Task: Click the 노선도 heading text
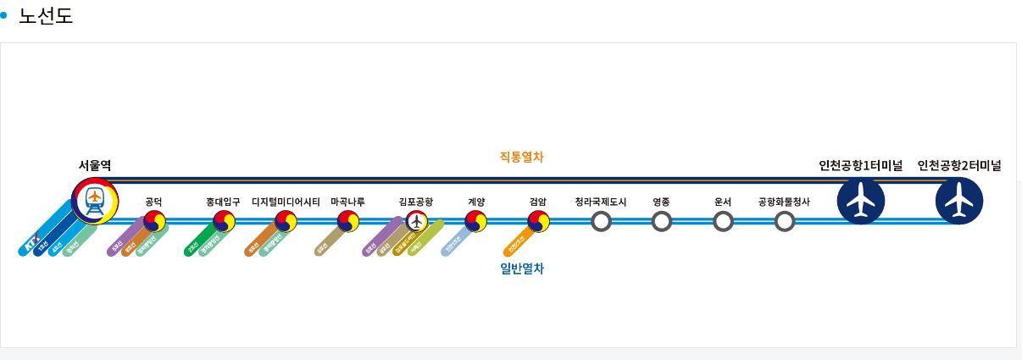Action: [x=46, y=15]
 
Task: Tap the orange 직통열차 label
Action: [x=521, y=157]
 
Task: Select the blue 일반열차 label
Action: [x=522, y=269]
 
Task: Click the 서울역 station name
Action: [x=94, y=165]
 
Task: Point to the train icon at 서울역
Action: [x=94, y=200]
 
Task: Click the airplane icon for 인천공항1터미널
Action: [x=860, y=201]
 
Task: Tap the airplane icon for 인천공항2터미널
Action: [x=959, y=201]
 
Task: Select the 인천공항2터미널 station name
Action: [x=959, y=166]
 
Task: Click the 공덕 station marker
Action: [x=154, y=221]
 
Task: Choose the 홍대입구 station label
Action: [x=223, y=202]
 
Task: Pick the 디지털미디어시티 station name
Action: [x=286, y=202]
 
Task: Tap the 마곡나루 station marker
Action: [x=347, y=221]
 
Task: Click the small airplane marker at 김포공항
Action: [x=415, y=221]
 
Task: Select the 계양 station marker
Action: [x=476, y=221]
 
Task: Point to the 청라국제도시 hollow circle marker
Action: [x=601, y=221]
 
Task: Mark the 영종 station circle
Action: [x=662, y=221]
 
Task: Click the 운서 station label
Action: [x=723, y=202]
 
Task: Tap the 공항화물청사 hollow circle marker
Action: [x=785, y=221]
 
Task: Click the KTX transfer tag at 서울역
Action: [x=31, y=245]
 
